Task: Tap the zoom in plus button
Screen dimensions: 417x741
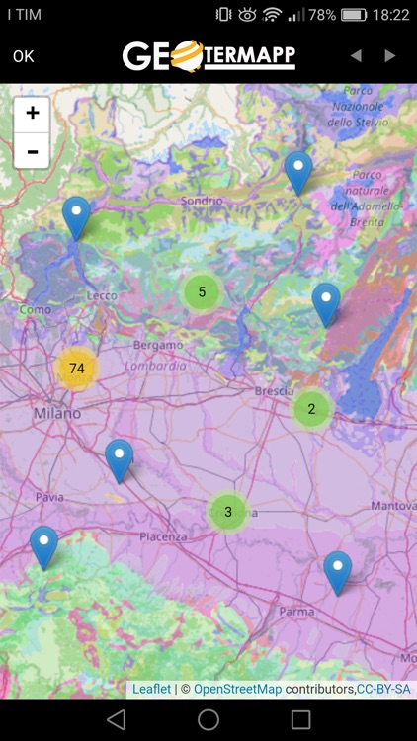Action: pos(33,114)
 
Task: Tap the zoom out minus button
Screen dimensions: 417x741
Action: pos(33,151)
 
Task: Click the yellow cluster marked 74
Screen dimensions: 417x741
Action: pos(77,369)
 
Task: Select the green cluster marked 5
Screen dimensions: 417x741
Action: pos(202,291)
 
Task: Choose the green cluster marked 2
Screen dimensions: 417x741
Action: pos(311,408)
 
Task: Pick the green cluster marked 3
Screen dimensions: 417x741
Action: pos(228,512)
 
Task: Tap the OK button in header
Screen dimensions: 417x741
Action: pos(24,56)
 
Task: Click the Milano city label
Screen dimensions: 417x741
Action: pos(57,413)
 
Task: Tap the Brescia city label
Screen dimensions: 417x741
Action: pos(274,391)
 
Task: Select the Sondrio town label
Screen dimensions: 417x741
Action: pos(202,202)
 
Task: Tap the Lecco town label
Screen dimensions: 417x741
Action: pos(102,295)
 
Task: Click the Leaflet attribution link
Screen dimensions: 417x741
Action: pos(151,689)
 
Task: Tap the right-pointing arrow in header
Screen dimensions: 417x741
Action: pos(390,56)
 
